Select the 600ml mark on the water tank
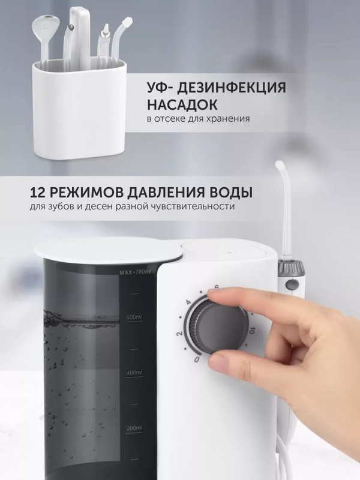tap(134, 317)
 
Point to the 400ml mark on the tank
tap(133, 373)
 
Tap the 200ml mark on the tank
tap(133, 428)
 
